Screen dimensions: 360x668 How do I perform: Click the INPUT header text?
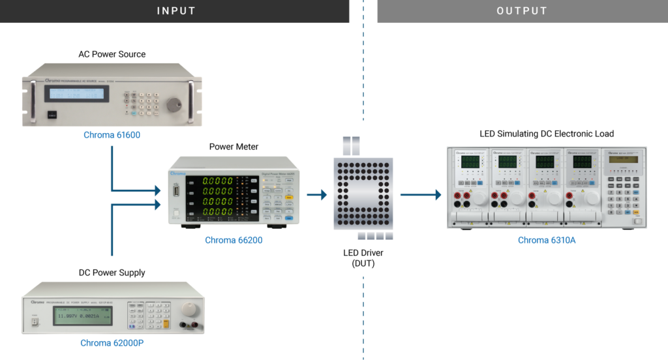coord(176,11)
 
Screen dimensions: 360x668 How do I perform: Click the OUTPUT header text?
coord(522,11)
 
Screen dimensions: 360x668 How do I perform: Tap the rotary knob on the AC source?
coord(174,104)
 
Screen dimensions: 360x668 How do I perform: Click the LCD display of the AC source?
coord(77,94)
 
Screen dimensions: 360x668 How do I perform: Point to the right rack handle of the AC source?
coord(191,101)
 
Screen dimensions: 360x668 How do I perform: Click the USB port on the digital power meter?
coord(175,192)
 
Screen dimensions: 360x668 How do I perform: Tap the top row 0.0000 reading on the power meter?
coord(218,181)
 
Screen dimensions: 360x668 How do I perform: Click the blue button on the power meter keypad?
coord(288,218)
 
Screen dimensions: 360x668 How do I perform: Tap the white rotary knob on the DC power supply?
coord(189,308)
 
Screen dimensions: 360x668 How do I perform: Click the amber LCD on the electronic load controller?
coord(620,160)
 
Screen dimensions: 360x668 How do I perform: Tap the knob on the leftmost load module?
coord(479,198)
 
